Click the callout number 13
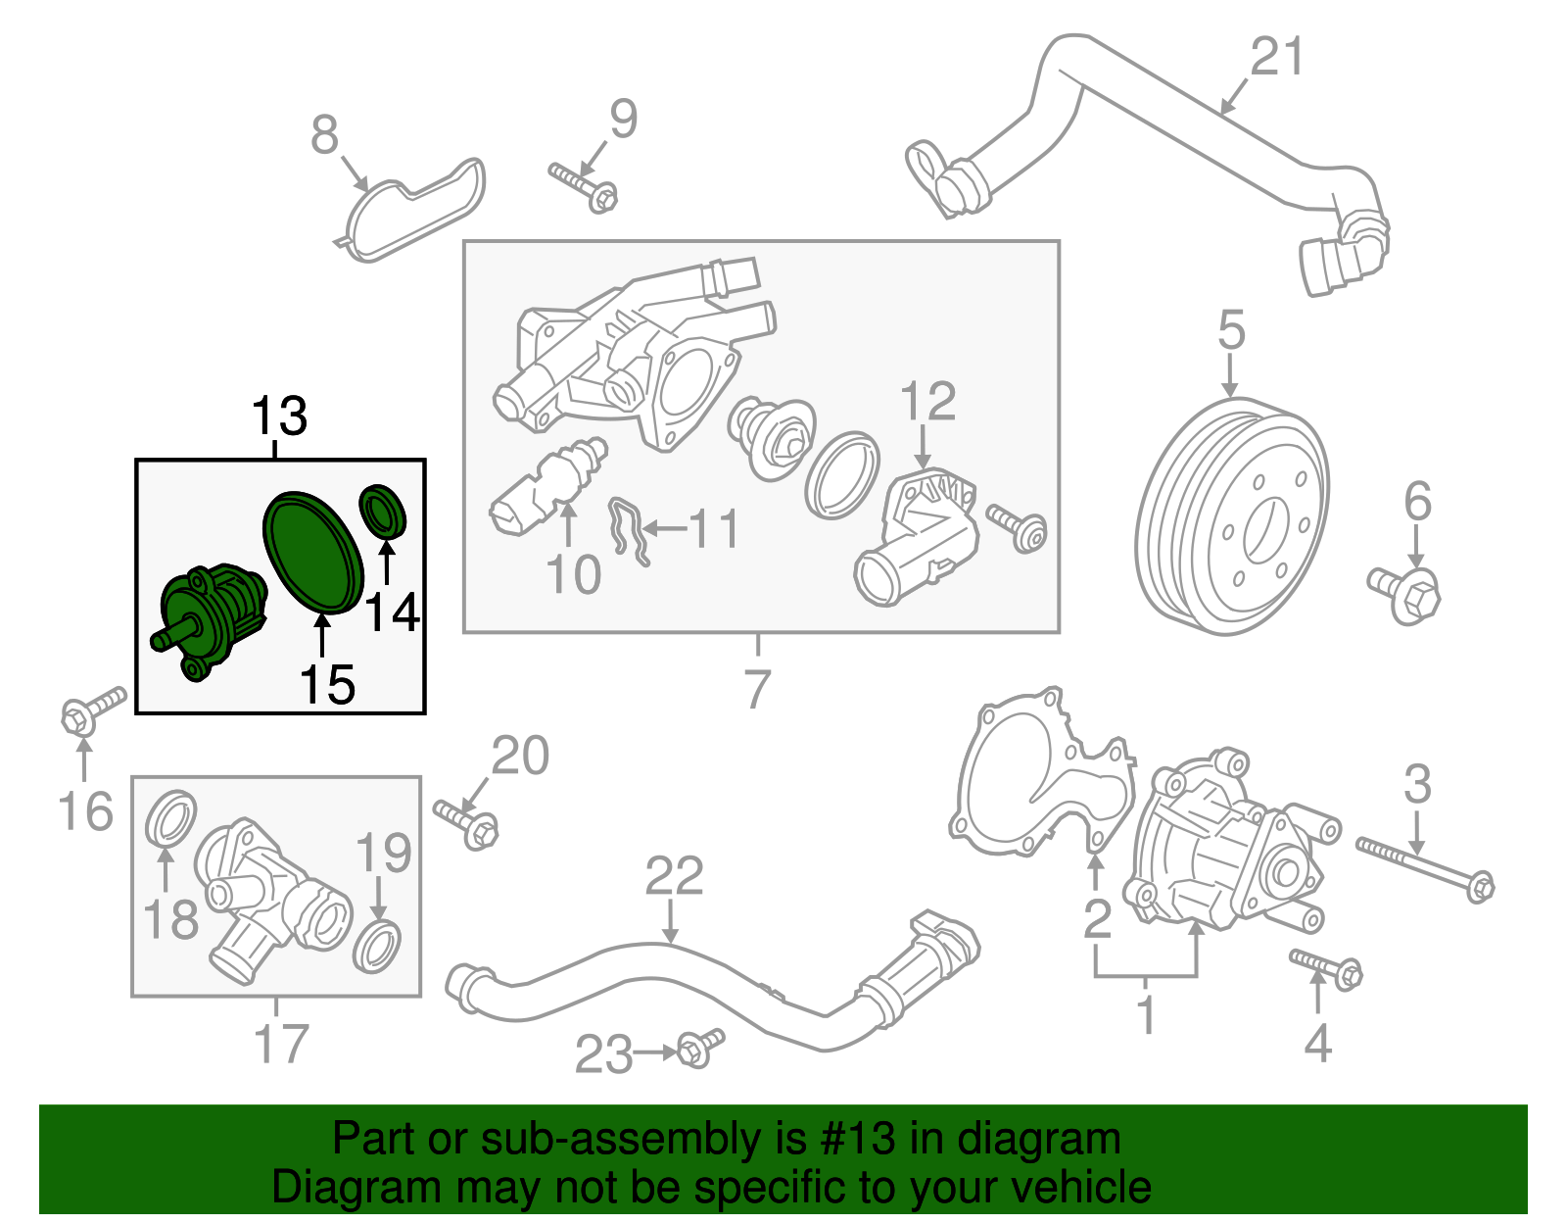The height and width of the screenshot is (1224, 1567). click(279, 416)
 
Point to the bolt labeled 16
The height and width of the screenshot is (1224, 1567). click(93, 710)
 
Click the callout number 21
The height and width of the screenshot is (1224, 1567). click(1277, 57)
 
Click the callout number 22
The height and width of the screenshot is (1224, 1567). click(674, 876)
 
